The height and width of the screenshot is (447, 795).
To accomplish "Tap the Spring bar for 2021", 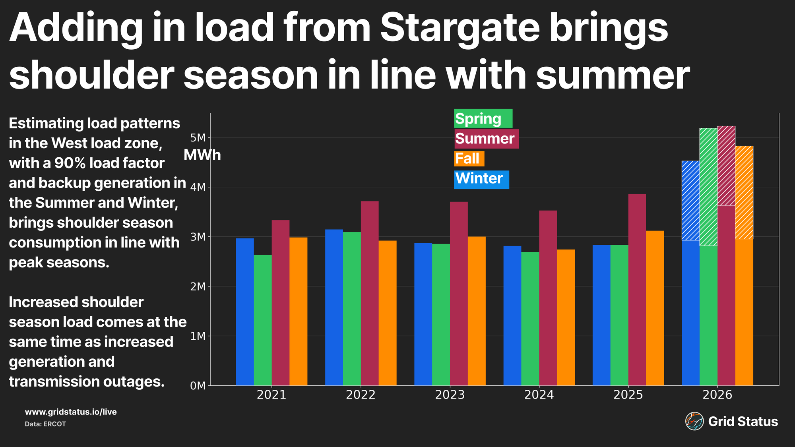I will click(x=263, y=320).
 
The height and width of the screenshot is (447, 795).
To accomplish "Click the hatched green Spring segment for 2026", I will click(x=708, y=187).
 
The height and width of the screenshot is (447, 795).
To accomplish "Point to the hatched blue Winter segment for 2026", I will click(x=690, y=201).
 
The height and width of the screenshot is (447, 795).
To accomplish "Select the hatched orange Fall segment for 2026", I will click(x=744, y=192).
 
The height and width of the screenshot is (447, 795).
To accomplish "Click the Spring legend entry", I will click(x=483, y=118).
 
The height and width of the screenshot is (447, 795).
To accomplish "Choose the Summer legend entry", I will click(x=486, y=139).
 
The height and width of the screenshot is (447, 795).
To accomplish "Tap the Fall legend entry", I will click(x=469, y=159).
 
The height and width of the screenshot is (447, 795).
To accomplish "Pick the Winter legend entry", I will click(x=481, y=179).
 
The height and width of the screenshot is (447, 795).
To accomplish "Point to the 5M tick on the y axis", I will click(x=198, y=138).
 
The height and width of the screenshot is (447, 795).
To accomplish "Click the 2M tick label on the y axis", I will click(x=198, y=286).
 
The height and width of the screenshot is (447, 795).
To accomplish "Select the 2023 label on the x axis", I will click(x=450, y=395).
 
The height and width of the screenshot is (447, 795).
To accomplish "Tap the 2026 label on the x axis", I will click(x=717, y=395).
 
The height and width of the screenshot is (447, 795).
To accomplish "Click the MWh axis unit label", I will click(x=202, y=155).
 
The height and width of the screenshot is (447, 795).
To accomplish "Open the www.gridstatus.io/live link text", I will click(x=71, y=412).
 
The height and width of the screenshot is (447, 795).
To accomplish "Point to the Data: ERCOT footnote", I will click(x=45, y=424).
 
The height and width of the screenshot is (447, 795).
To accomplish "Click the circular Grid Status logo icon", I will click(x=694, y=421).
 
